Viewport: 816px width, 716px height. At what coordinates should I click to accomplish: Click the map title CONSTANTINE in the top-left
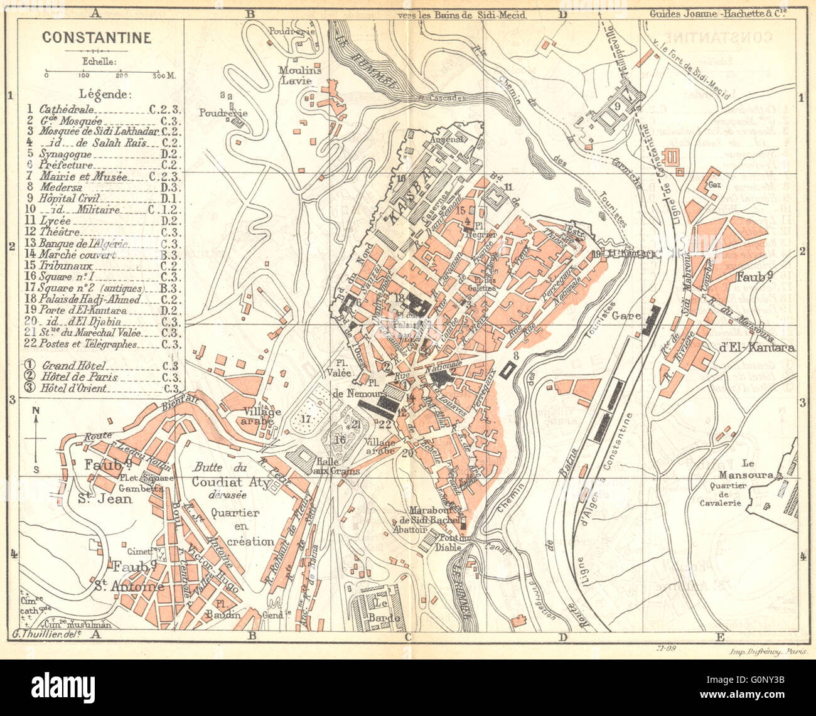pos(96,38)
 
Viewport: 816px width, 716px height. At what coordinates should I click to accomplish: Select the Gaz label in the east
pos(713,186)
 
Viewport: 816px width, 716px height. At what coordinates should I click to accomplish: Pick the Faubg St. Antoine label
pos(138,576)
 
